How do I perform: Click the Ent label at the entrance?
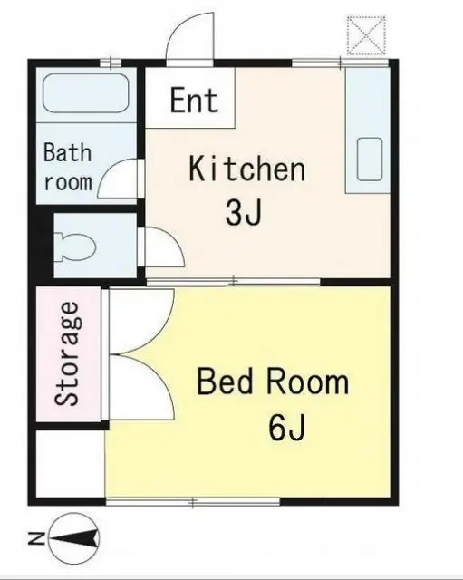tap(194, 100)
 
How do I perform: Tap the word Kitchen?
tap(247, 169)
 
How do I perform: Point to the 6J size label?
tap(287, 427)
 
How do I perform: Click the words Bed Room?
tap(273, 382)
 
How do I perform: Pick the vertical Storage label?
tap(67, 353)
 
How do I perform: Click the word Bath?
tap(67, 152)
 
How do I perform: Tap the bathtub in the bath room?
tap(86, 92)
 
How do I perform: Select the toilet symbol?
tap(75, 246)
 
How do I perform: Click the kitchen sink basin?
tap(370, 159)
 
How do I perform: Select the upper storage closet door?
tap(141, 321)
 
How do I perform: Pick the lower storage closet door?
tap(141, 387)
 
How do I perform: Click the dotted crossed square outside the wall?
tap(366, 36)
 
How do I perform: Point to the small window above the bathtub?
tap(111, 63)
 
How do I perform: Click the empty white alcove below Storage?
tap(71, 464)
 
